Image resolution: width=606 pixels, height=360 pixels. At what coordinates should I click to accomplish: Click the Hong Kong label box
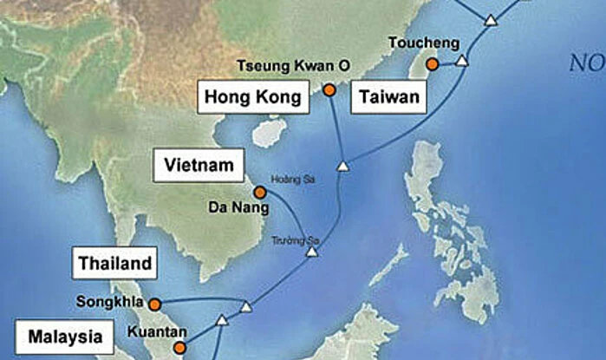pyautogui.click(x=254, y=97)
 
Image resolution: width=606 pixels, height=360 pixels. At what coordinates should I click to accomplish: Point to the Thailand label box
pyautogui.click(x=115, y=263)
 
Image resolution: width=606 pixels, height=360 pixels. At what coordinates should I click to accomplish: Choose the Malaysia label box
pyautogui.click(x=64, y=337)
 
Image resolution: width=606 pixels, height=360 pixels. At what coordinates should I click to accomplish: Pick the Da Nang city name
pyautogui.click(x=232, y=208)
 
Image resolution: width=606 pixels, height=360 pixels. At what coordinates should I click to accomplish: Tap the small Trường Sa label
pyautogui.click(x=289, y=239)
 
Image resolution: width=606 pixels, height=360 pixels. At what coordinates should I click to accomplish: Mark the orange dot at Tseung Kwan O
pyautogui.click(x=329, y=89)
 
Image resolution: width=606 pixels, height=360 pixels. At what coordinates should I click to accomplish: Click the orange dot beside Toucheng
pyautogui.click(x=432, y=63)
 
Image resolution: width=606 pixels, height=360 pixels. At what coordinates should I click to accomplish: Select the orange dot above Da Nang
pyautogui.click(x=259, y=192)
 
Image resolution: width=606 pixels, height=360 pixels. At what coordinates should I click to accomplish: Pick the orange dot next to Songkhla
pyautogui.click(x=154, y=304)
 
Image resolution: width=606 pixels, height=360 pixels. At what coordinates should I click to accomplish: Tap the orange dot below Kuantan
pyautogui.click(x=179, y=348)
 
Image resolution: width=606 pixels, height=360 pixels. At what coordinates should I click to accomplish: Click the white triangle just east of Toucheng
pyautogui.click(x=462, y=61)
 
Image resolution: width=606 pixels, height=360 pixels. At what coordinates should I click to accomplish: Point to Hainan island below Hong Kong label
pyautogui.click(x=270, y=133)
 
